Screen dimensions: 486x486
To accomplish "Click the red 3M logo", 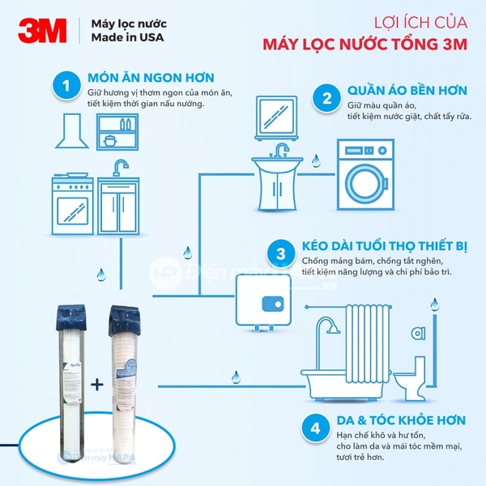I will click(39, 32).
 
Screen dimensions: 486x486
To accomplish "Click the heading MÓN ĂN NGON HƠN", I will click(151, 79).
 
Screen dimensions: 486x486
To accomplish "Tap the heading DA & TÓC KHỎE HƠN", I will click(401, 420).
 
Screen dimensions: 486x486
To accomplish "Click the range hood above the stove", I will click(75, 132).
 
